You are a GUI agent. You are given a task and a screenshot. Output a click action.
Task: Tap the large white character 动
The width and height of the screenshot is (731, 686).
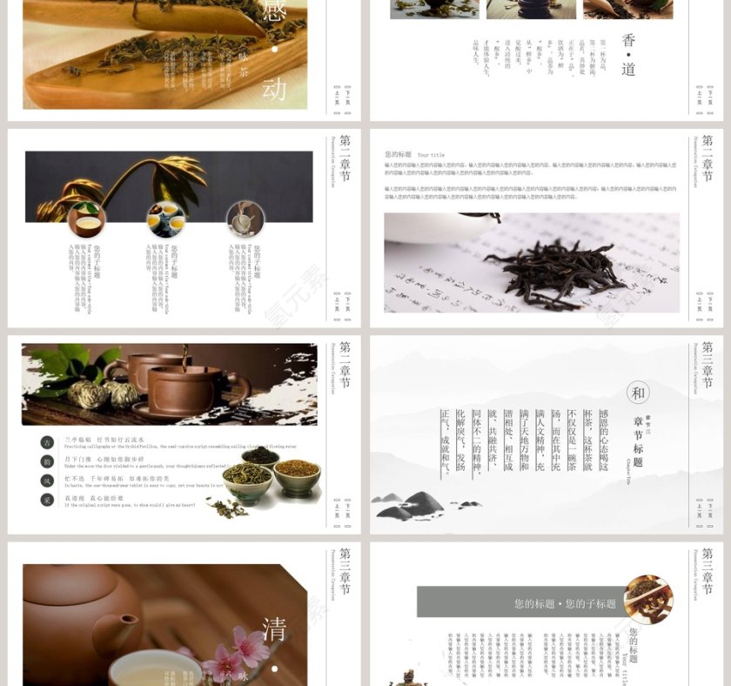[273, 88]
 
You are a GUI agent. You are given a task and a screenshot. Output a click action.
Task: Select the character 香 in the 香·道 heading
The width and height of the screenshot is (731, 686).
[628, 40]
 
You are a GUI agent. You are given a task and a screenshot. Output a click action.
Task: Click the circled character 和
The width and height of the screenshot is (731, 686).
[638, 393]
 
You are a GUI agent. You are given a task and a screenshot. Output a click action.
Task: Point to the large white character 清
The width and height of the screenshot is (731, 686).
[273, 629]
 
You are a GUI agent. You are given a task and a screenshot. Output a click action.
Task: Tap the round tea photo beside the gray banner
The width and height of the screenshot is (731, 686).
[647, 599]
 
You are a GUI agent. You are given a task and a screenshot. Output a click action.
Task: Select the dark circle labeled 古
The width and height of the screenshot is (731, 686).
[47, 443]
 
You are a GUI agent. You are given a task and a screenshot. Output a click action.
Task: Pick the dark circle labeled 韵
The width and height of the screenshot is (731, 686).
[47, 462]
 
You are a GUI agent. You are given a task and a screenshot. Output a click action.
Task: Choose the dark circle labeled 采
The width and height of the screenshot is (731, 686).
[47, 500]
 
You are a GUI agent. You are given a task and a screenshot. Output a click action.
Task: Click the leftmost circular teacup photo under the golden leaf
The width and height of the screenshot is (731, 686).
[86, 219]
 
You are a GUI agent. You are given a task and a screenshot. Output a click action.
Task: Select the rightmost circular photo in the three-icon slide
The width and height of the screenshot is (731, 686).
[245, 219]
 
